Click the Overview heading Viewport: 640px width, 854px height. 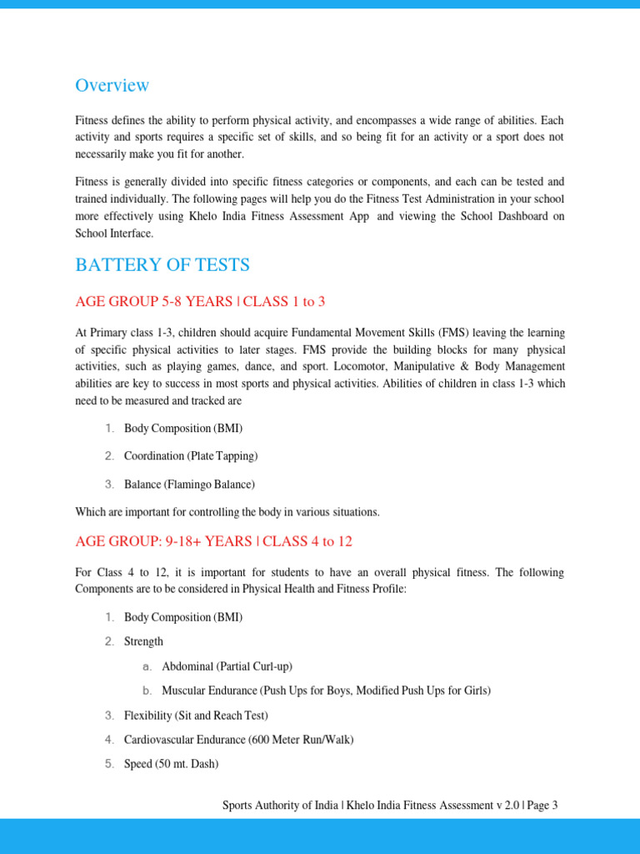[x=112, y=85]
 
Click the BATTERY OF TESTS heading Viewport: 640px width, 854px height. [x=162, y=265]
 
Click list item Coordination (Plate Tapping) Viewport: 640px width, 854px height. [x=191, y=456]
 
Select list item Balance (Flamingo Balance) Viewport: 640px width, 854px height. [x=189, y=484]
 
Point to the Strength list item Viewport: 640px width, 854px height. [x=143, y=641]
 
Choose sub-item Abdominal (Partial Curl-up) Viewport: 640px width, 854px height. [x=227, y=666]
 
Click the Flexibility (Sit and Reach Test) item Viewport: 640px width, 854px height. [x=196, y=716]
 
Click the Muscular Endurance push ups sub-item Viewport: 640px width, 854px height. [x=326, y=691]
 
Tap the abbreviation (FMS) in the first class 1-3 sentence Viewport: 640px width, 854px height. [x=453, y=333]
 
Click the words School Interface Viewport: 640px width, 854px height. [x=114, y=234]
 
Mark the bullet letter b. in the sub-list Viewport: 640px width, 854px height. [x=147, y=691]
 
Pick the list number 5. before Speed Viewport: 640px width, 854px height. [x=109, y=764]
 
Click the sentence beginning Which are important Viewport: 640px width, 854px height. [x=227, y=511]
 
